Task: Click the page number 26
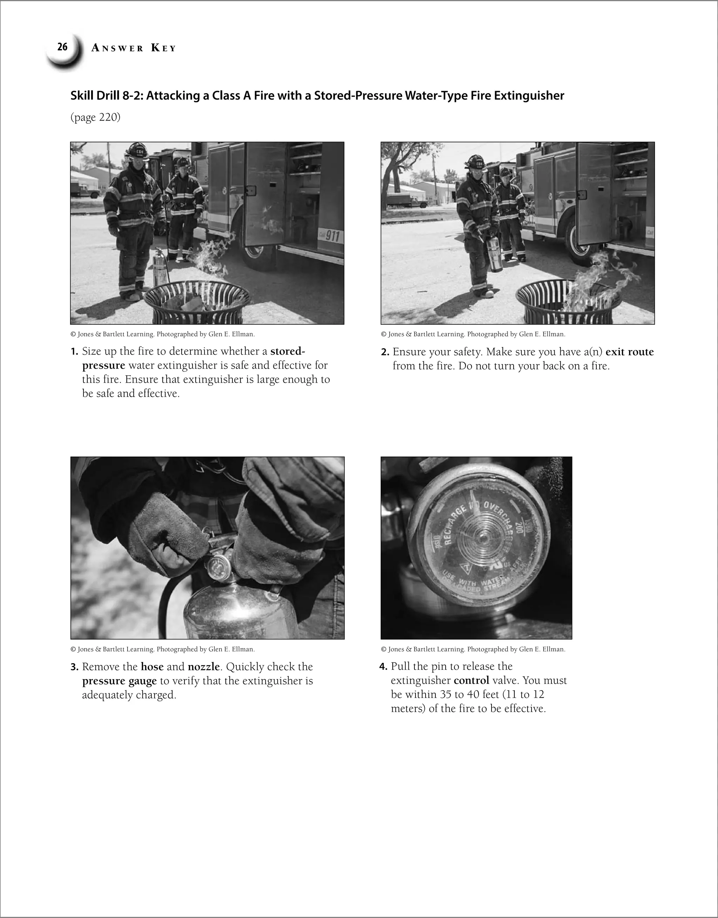point(62,47)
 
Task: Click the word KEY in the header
point(163,48)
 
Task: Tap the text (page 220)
point(95,117)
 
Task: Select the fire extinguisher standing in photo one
point(160,267)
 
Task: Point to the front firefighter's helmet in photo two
point(476,162)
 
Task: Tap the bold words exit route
point(629,352)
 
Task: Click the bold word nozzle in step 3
point(204,667)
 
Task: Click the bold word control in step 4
point(471,680)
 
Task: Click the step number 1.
point(74,352)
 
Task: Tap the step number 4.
point(383,667)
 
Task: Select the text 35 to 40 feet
point(469,695)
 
